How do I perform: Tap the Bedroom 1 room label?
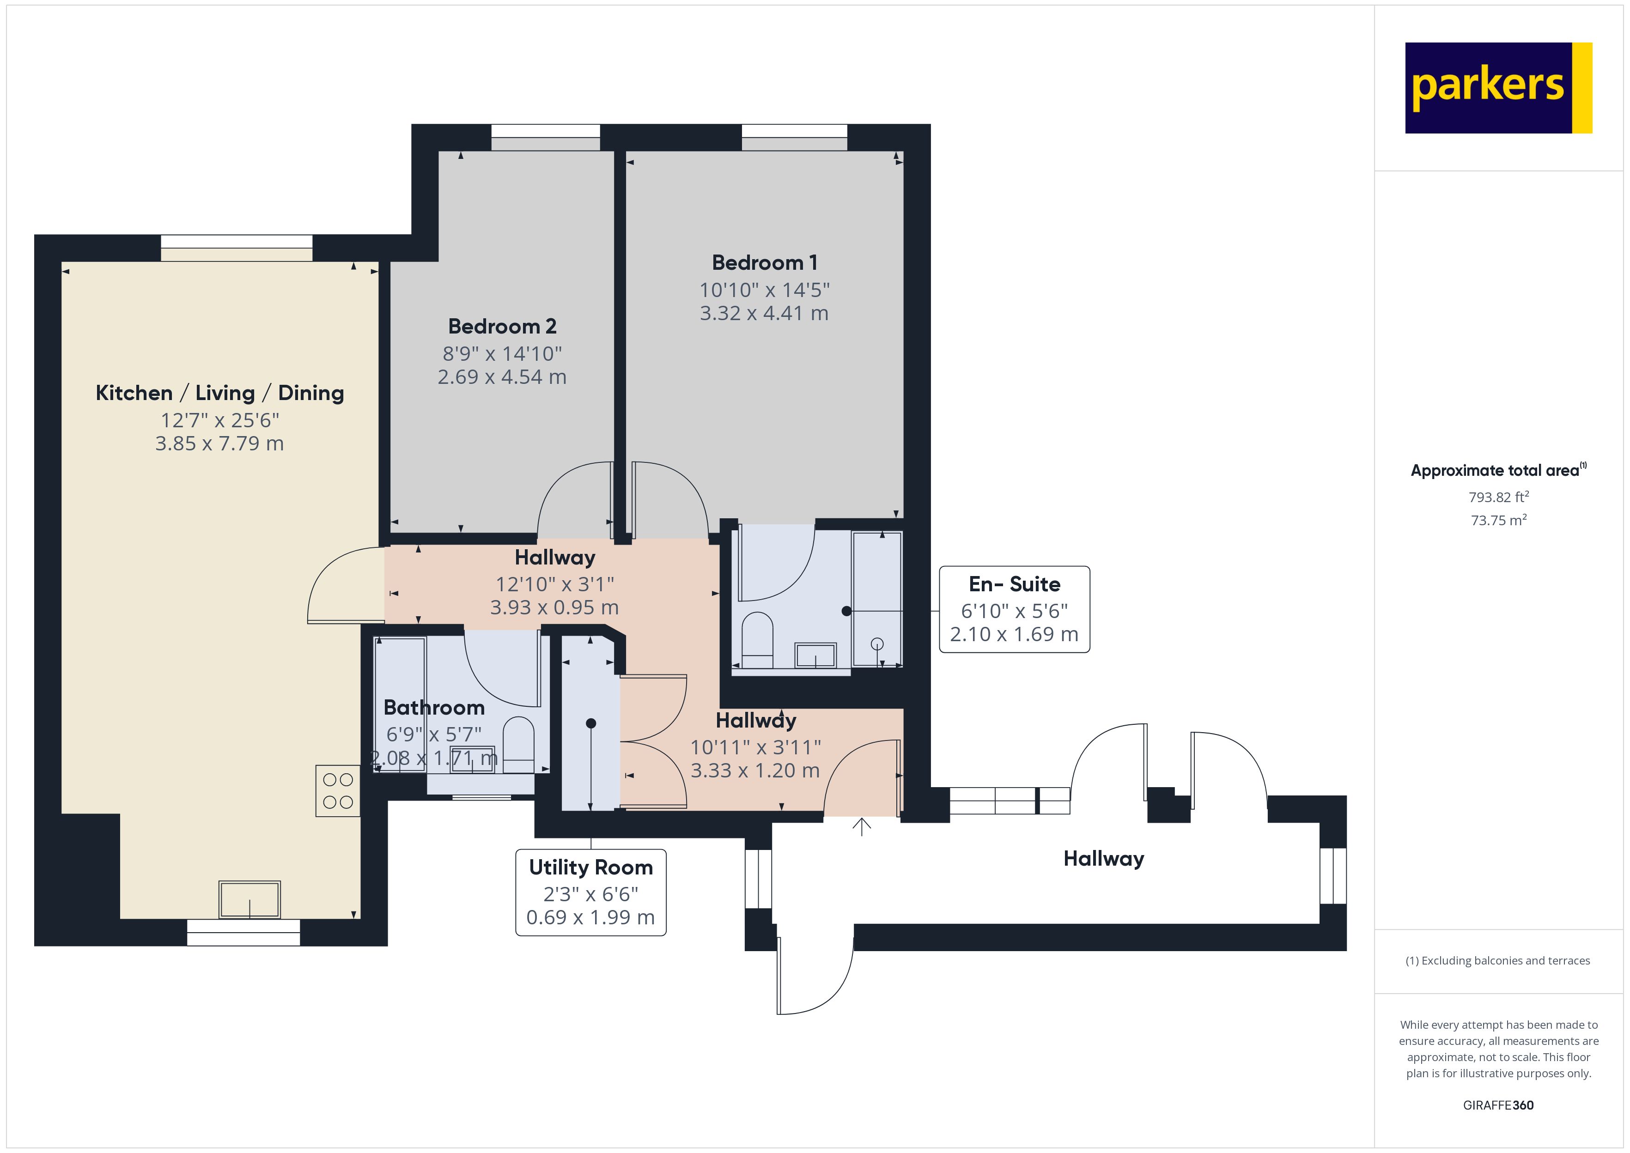765,263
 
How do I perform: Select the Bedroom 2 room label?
502,327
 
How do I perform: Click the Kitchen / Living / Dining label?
219,393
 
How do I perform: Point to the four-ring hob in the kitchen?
338,791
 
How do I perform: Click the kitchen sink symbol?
249,899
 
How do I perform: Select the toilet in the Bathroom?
518,745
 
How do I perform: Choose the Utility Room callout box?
590,892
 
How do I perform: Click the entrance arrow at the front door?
862,826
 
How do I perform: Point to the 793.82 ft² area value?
1499,497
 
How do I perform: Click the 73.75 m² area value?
1499,521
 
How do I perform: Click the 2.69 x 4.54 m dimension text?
502,377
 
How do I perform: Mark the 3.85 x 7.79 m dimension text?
219,444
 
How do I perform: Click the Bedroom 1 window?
794,138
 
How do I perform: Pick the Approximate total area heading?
1499,470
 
